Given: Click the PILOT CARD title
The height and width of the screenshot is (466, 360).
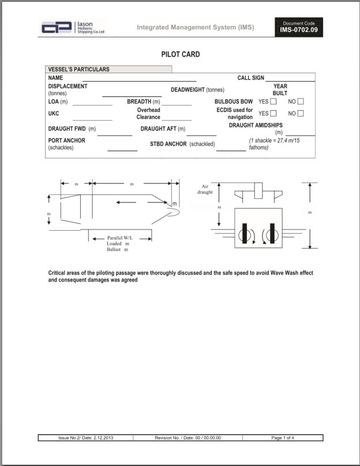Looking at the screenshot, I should coord(180,54).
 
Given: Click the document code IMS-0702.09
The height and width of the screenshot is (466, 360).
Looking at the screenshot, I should coord(299,29).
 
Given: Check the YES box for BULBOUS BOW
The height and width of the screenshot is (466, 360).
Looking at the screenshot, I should coord(273,102).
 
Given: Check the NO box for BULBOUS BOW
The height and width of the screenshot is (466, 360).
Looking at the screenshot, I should coord(301,102).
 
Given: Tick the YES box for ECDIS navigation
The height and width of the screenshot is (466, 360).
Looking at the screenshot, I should coord(273,114).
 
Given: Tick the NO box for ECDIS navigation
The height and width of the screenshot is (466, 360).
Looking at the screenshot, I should coord(301,114).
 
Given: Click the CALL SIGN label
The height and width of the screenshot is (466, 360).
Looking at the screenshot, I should coord(250,77).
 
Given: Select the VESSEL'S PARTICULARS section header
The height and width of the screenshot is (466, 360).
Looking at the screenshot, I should coord(78,69).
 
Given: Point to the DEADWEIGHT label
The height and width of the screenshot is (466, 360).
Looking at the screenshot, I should coord(197,89).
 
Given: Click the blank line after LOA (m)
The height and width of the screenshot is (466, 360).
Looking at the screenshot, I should coord(92,104).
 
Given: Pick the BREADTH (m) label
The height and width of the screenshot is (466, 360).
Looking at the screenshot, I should coord(143,102).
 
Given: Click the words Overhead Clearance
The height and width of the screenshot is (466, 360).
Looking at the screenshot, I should coord(148,114).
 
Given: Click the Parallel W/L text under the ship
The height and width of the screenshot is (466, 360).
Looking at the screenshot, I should coord(120,238).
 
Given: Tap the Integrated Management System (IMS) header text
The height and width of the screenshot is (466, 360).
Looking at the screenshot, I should coord(195,27).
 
